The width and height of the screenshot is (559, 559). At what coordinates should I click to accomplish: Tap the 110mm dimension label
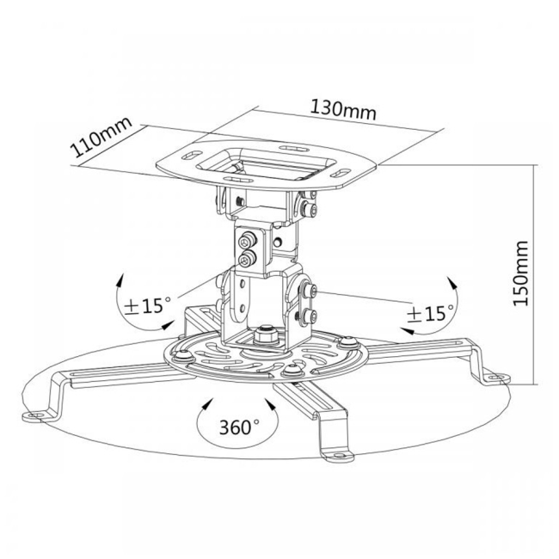[x=102, y=137]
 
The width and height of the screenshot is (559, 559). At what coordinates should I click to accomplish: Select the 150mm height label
[x=520, y=273]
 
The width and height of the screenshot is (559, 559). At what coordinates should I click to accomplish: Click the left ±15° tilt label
[x=148, y=305]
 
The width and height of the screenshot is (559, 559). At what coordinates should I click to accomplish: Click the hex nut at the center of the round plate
[x=265, y=335]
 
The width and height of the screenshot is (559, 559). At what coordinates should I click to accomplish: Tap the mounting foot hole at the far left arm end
[x=34, y=415]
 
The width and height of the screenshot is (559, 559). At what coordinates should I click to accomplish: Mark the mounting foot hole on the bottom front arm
[x=339, y=455]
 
